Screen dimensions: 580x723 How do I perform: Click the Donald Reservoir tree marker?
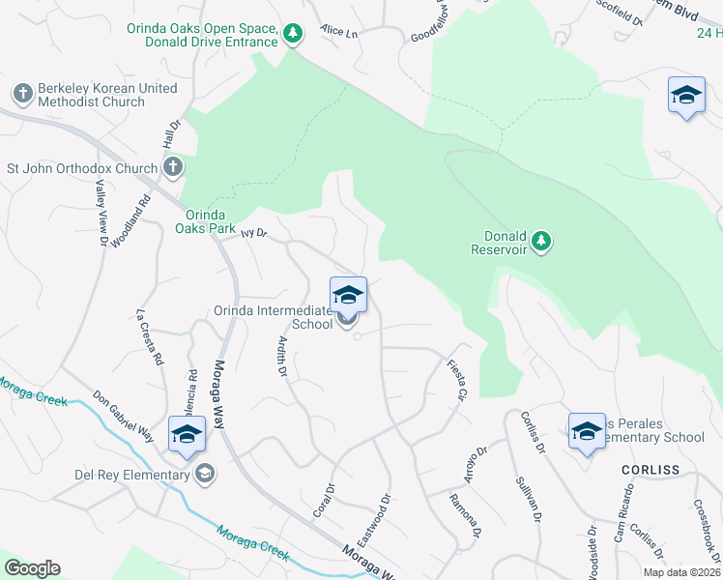pos(541,239)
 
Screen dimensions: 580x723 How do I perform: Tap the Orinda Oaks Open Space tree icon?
pos(293,35)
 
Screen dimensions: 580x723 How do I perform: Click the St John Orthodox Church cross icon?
pos(172,168)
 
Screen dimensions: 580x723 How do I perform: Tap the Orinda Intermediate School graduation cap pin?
pos(348,295)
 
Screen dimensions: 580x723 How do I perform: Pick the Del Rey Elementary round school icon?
pos(204,474)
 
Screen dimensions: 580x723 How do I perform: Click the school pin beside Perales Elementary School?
pos(586,432)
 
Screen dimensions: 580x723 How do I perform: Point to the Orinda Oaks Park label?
pos(205,221)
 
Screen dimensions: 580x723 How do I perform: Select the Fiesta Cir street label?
pos(457,380)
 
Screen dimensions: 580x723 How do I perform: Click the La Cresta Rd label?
pos(148,337)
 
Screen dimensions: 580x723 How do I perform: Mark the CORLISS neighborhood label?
pos(645,470)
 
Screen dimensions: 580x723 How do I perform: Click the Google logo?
pos(32,568)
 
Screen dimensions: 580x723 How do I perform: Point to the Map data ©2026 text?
pos(680,572)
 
